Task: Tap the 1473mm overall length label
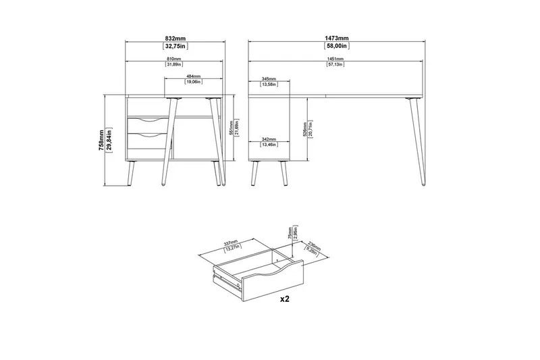335,38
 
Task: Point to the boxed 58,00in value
335,47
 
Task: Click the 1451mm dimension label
335,60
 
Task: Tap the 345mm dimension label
268,79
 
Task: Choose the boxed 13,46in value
268,144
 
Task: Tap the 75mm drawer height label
288,233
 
